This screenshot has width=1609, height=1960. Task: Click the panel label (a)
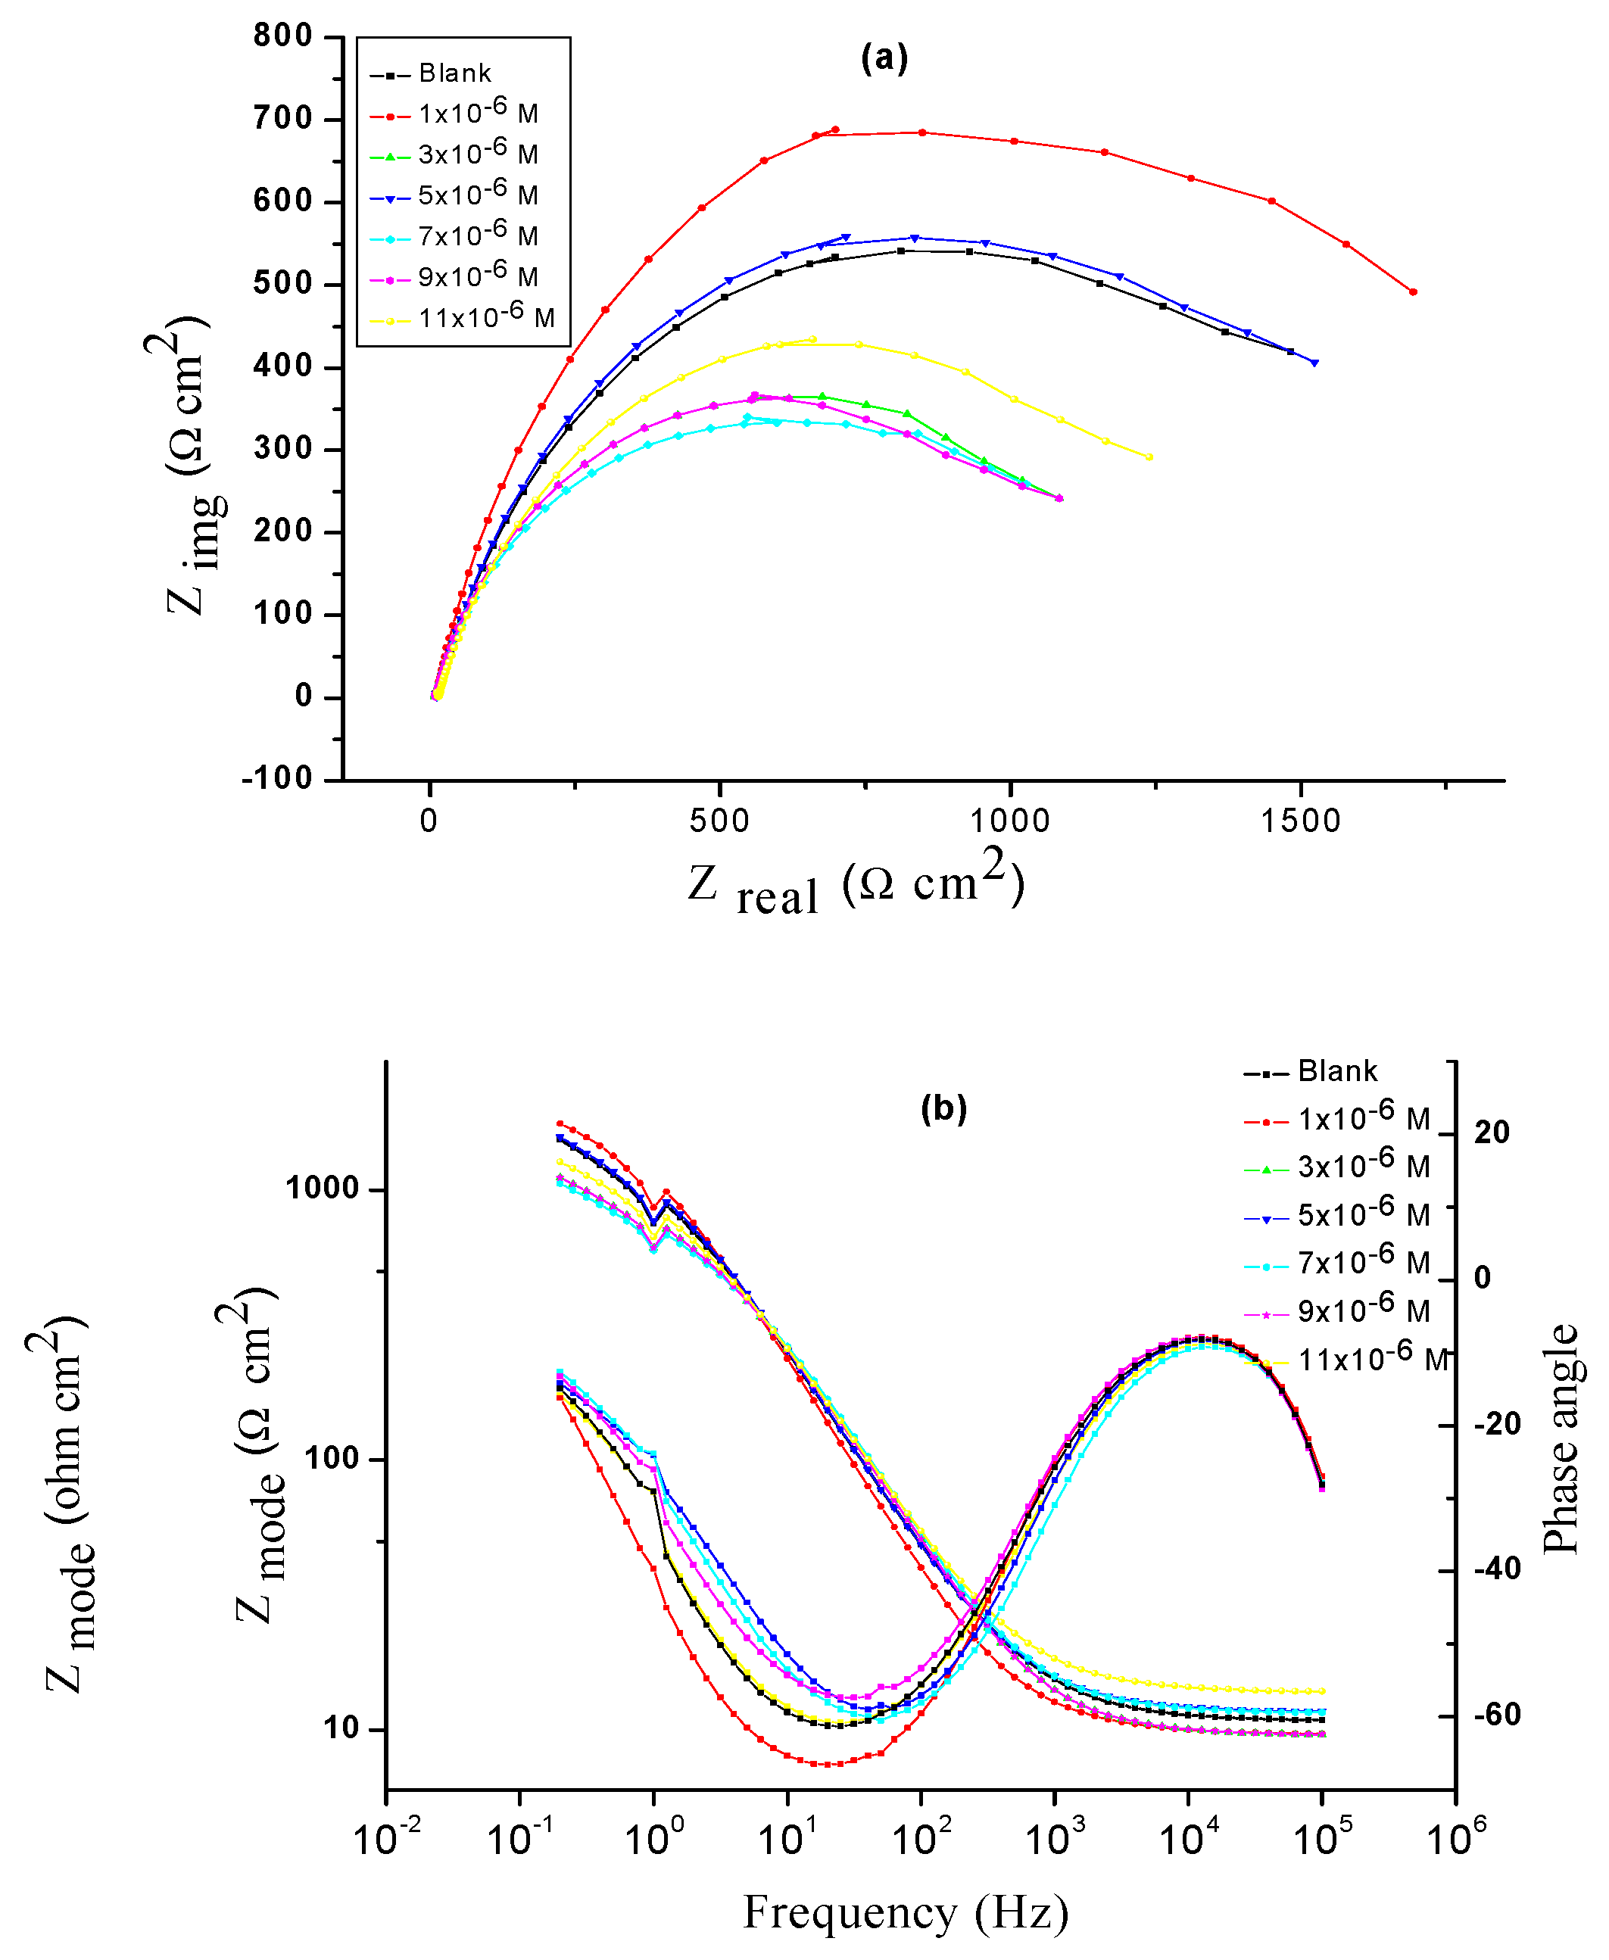(x=884, y=59)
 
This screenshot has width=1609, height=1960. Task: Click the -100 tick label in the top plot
(x=278, y=779)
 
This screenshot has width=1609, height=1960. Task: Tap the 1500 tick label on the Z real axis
(x=1300, y=821)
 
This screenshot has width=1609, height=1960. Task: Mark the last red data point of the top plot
(x=1412, y=292)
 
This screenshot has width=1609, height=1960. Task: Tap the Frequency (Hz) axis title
(x=906, y=1912)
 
